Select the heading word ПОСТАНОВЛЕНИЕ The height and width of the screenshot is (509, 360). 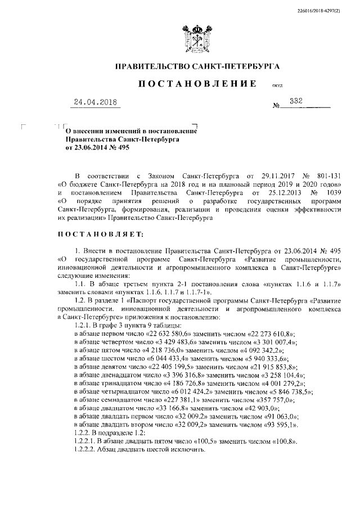coord(194,84)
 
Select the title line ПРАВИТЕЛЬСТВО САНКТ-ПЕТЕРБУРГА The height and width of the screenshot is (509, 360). coord(197,66)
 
